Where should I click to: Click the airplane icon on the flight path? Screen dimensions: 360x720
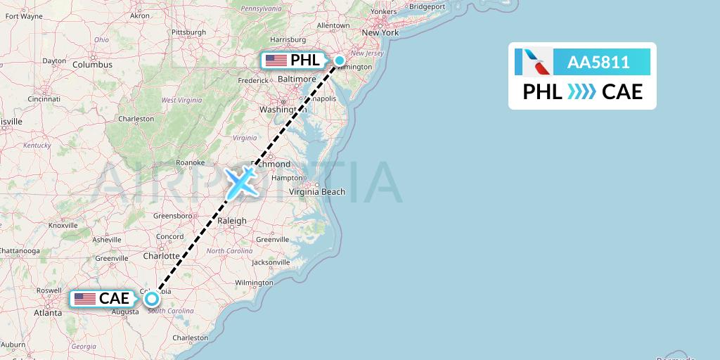point(241,181)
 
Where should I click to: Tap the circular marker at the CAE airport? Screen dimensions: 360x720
point(152,299)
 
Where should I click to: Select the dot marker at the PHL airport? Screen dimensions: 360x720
point(340,60)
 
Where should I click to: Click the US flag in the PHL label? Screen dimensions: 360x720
point(276,60)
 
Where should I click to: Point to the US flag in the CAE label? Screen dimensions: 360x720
point(84,299)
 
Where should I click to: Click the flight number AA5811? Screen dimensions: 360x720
point(598,63)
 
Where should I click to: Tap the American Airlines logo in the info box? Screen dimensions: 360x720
point(532,62)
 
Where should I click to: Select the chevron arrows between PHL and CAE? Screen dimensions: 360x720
point(581,91)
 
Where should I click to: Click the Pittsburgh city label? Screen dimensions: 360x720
point(188,32)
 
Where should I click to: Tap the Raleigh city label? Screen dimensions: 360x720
point(232,221)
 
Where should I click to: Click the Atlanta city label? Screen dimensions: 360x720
point(47,313)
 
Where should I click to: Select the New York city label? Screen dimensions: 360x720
point(380,32)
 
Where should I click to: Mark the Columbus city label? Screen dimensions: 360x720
point(92,65)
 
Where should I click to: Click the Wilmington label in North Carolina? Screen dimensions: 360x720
point(254,283)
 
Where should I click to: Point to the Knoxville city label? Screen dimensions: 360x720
point(63,226)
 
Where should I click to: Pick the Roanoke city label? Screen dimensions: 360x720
point(190,162)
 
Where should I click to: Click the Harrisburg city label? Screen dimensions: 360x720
point(288,39)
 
